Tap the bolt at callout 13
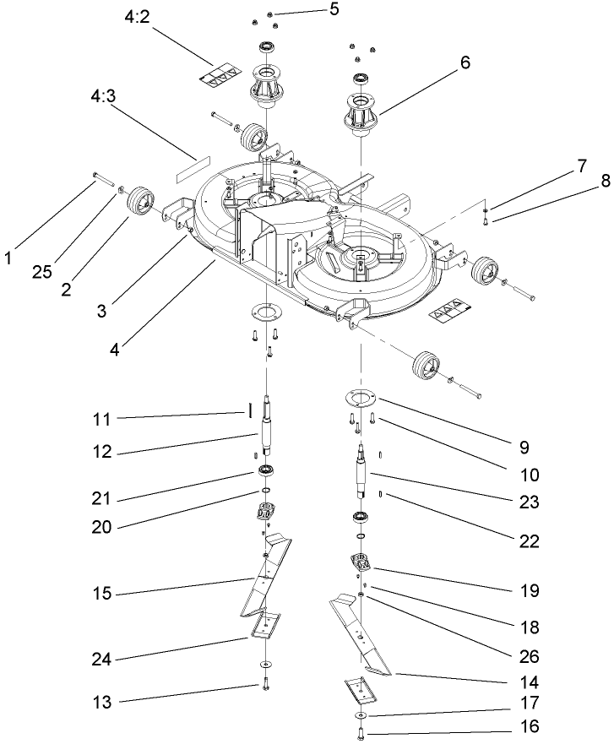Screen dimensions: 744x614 (266, 686)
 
